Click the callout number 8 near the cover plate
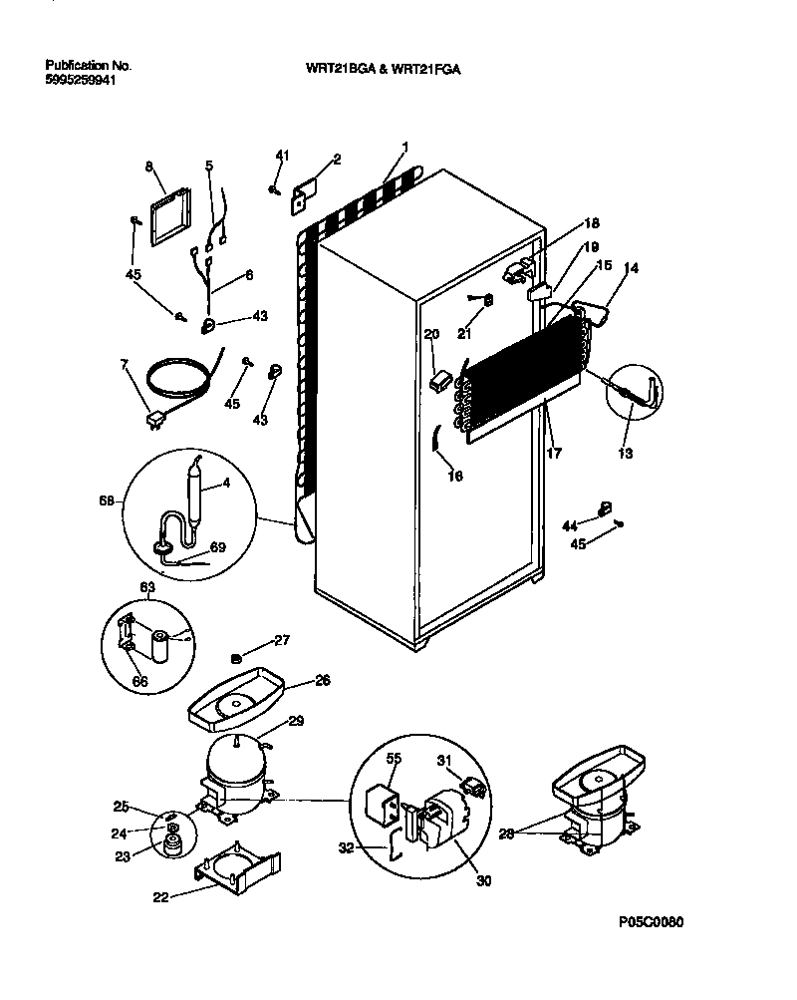click(x=149, y=167)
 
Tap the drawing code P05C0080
click(x=651, y=922)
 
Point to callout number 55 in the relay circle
click(x=394, y=759)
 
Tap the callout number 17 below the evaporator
click(x=554, y=452)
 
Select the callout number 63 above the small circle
click(x=147, y=589)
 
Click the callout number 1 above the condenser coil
click(x=404, y=147)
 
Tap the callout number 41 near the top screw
click(x=281, y=155)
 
